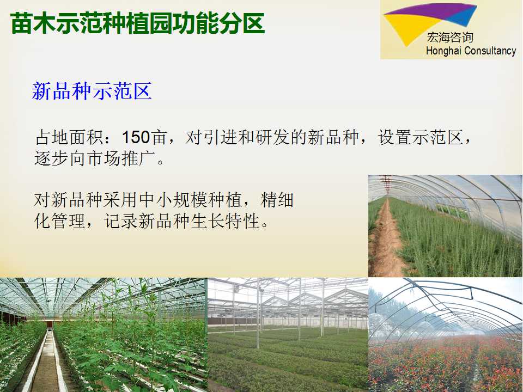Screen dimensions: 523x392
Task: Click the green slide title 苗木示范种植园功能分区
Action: (137, 23)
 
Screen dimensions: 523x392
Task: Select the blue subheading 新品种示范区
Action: (92, 91)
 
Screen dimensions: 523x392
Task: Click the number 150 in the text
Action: (136, 137)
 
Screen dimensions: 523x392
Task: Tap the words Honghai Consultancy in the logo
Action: (471, 51)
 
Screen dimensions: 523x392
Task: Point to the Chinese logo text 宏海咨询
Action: (450, 38)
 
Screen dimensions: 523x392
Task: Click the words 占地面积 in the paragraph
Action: (69, 137)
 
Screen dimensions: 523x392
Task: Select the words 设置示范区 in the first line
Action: (420, 137)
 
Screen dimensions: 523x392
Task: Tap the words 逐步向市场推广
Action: (95, 158)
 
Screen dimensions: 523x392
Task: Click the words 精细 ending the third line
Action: (277, 200)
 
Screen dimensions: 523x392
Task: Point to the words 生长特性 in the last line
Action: (225, 221)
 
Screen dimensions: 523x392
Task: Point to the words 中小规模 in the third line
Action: (173, 200)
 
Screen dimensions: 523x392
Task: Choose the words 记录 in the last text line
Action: (120, 221)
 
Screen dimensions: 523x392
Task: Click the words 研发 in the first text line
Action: (272, 137)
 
